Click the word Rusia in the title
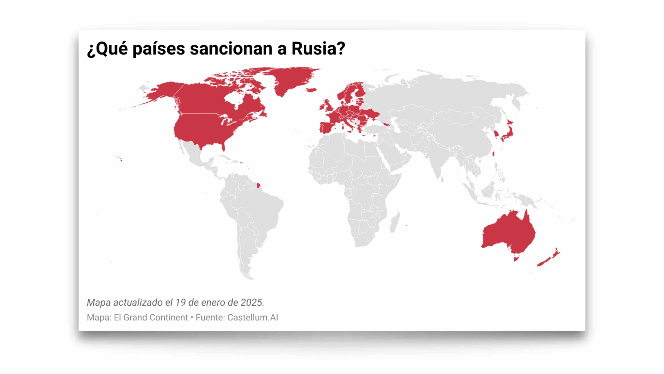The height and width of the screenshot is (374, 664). coord(315,49)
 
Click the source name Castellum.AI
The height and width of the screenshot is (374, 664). coord(253,317)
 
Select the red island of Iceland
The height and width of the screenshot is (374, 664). coord(311,90)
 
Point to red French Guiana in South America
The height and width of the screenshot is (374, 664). coord(258,185)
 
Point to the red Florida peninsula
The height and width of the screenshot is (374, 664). coord(223,147)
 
